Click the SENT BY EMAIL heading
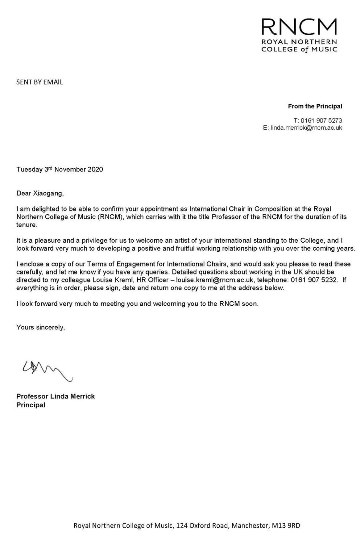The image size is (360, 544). [40, 82]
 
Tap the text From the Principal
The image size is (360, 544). [315, 106]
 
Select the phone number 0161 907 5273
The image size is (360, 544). [321, 120]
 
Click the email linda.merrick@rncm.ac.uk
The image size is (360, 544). [306, 128]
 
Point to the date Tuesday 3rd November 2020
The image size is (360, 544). [60, 169]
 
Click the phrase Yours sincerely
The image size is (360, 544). [41, 327]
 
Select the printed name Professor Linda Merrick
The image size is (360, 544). [56, 396]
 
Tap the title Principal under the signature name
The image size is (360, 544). [31, 405]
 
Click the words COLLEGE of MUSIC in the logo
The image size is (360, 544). [299, 49]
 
